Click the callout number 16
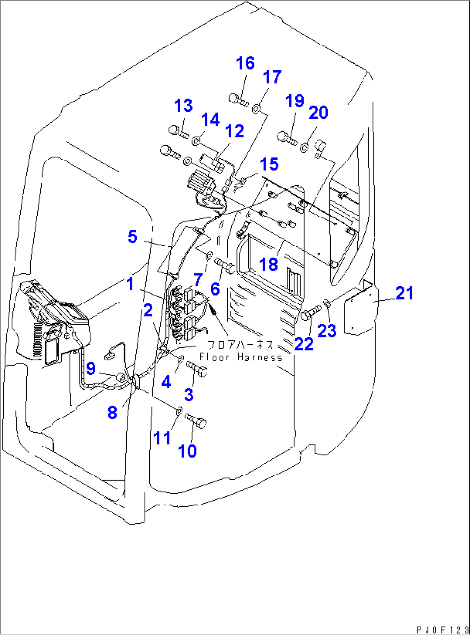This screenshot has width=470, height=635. click(245, 63)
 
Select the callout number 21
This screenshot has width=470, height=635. click(404, 293)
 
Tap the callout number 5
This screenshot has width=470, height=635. click(132, 237)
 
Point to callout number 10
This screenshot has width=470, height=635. click(187, 451)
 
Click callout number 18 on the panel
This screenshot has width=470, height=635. click(268, 264)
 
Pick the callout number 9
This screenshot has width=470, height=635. click(91, 368)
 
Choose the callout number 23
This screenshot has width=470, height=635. click(326, 331)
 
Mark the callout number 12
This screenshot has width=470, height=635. click(235, 131)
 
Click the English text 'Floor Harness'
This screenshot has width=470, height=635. click(241, 357)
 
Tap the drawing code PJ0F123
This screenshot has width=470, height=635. click(442, 630)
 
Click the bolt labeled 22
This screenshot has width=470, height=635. click(310, 313)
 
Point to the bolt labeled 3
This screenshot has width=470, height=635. click(197, 369)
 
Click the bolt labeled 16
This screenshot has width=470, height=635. click(238, 100)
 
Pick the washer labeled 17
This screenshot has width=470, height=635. click(257, 108)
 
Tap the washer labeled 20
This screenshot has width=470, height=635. click(304, 147)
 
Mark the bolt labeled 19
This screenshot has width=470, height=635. click(286, 138)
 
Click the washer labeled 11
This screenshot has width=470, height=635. click(179, 409)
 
